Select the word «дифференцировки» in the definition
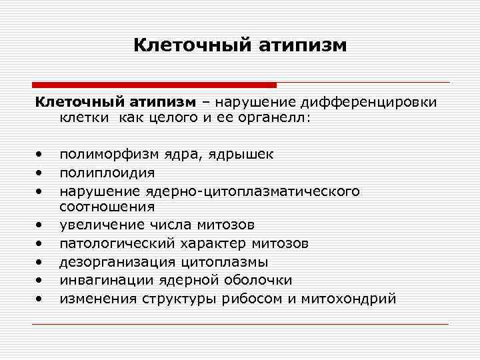click(x=369, y=102)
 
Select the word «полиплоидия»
click(x=107, y=173)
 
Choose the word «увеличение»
click(x=102, y=225)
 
